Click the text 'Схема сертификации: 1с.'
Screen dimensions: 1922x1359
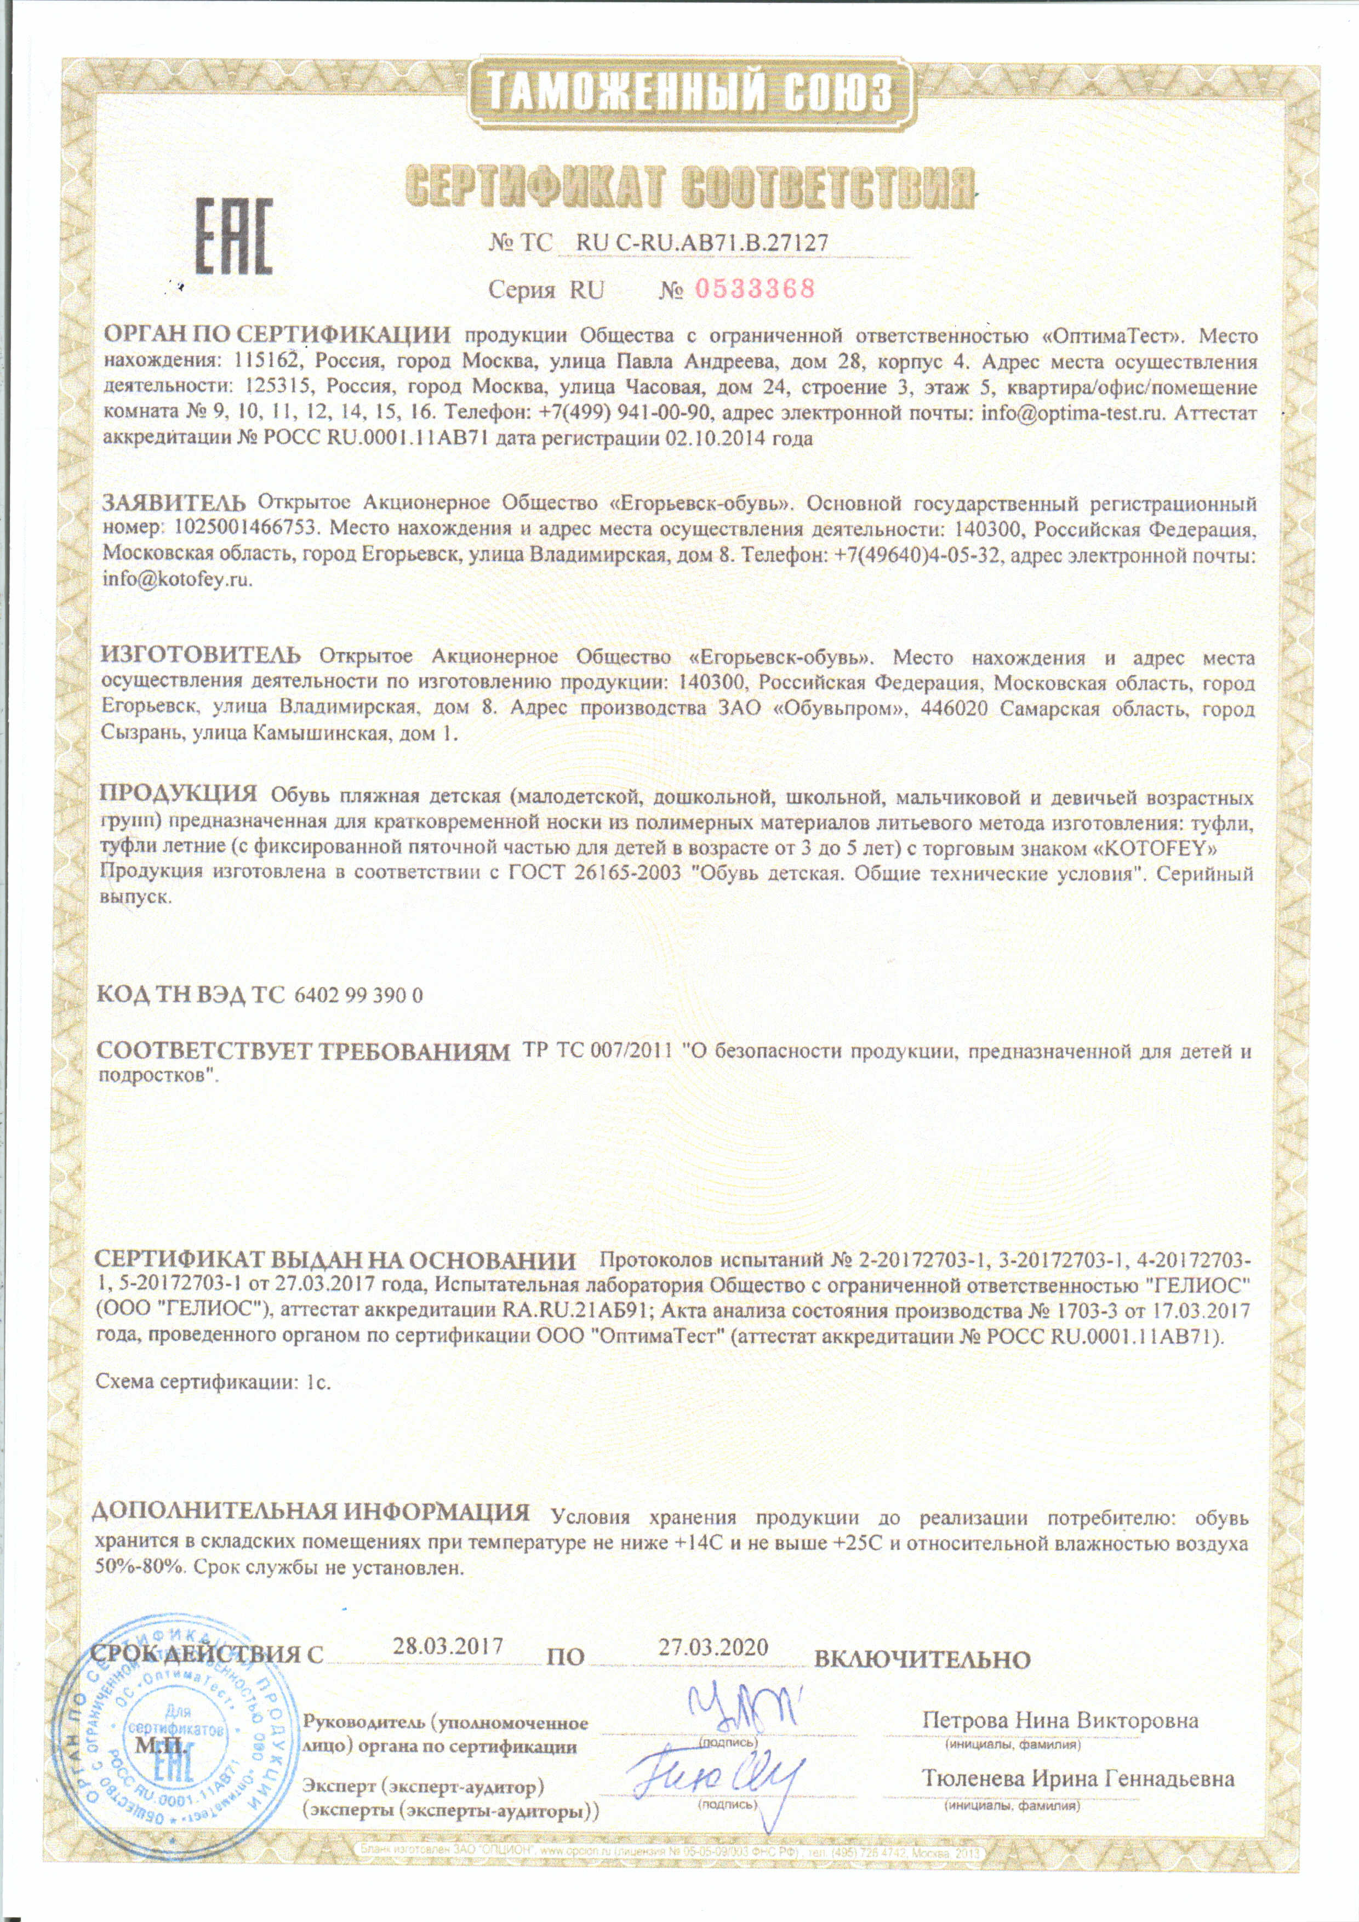tap(215, 1381)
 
